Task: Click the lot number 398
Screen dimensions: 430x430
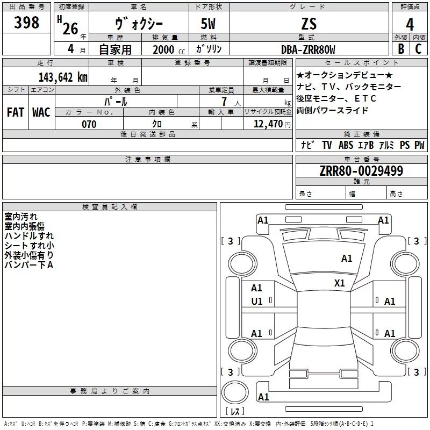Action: pyautogui.click(x=27, y=23)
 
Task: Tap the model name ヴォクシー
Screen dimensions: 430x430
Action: pyautogui.click(x=139, y=24)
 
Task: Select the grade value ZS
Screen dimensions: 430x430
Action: pyautogui.click(x=309, y=24)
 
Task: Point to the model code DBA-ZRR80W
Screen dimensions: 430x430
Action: pyautogui.click(x=308, y=49)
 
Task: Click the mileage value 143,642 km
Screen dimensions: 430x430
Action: pyautogui.click(x=63, y=77)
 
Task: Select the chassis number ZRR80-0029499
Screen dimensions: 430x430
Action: pyautogui.click(x=361, y=171)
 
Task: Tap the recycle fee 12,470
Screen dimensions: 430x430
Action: pyautogui.click(x=267, y=124)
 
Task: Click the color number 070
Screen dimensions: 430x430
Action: pyautogui.click(x=89, y=124)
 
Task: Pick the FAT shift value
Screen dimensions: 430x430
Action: pyautogui.click(x=15, y=112)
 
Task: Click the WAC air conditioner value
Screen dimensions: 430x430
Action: pyautogui.click(x=41, y=112)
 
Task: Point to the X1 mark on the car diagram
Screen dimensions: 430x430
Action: pyautogui.click(x=340, y=283)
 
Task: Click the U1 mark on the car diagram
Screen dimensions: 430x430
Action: pyautogui.click(x=257, y=302)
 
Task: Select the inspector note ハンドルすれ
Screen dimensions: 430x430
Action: pyautogui.click(x=29, y=235)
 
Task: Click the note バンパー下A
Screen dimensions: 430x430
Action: pyautogui.click(x=29, y=264)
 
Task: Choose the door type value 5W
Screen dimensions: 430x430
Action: pyautogui.click(x=209, y=24)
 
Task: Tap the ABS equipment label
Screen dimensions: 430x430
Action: pyautogui.click(x=346, y=145)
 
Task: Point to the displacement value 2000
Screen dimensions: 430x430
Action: pyautogui.click(x=163, y=49)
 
